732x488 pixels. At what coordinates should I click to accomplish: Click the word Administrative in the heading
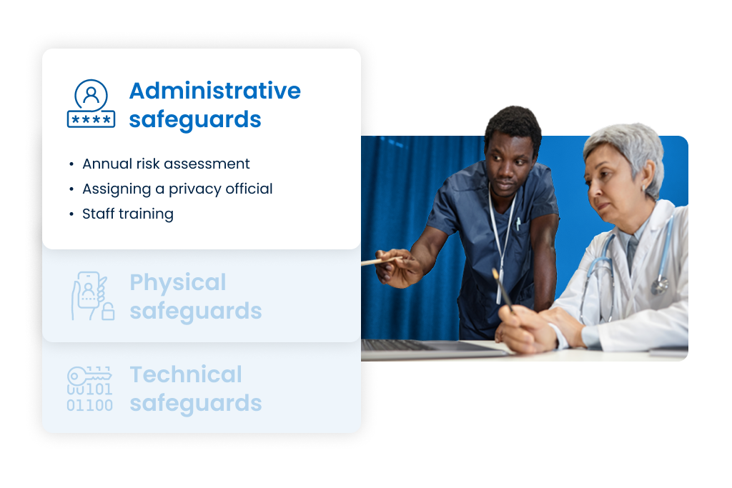[x=214, y=91]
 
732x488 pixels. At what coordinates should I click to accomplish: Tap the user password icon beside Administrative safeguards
[x=91, y=104]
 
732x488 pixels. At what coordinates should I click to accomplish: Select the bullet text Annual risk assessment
[x=166, y=164]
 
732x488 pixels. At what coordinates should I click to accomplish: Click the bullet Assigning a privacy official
[x=177, y=189]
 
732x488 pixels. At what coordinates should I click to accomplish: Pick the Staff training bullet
[x=127, y=214]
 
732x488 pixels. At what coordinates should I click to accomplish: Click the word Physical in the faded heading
[x=177, y=282]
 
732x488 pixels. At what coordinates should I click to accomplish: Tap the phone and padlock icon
[x=91, y=296]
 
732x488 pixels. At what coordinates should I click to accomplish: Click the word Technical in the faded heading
[x=186, y=374]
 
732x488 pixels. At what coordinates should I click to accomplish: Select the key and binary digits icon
[x=89, y=389]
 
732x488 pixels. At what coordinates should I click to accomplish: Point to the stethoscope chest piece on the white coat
[x=659, y=286]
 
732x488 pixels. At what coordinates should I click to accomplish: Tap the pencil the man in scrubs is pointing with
[x=379, y=262]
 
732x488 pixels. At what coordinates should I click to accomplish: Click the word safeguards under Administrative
[x=195, y=119]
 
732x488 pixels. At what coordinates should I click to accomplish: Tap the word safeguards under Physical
[x=195, y=312]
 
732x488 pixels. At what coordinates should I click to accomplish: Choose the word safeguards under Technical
[x=195, y=404]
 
